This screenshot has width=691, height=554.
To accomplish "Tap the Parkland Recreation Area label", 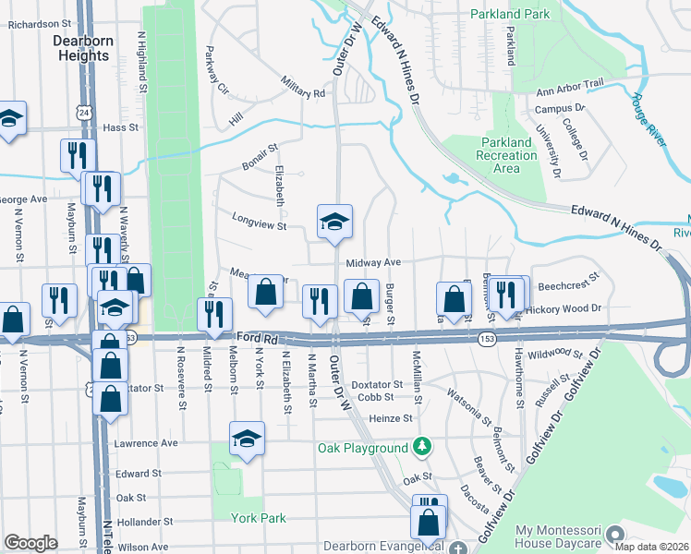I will [x=506, y=155].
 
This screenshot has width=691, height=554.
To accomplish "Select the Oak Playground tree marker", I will [x=422, y=448].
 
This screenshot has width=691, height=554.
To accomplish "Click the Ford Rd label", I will [x=257, y=340].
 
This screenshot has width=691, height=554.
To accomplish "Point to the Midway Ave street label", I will [x=373, y=263].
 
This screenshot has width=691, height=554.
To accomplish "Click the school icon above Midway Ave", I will [x=334, y=222].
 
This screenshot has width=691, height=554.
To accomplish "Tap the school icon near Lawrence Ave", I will [x=247, y=440].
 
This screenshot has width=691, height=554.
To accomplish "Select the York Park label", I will [x=259, y=518].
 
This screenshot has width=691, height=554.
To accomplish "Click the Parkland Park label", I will [x=510, y=14].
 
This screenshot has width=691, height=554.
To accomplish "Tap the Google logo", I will [x=30, y=543].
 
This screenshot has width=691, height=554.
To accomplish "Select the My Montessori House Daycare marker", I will [x=617, y=535].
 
